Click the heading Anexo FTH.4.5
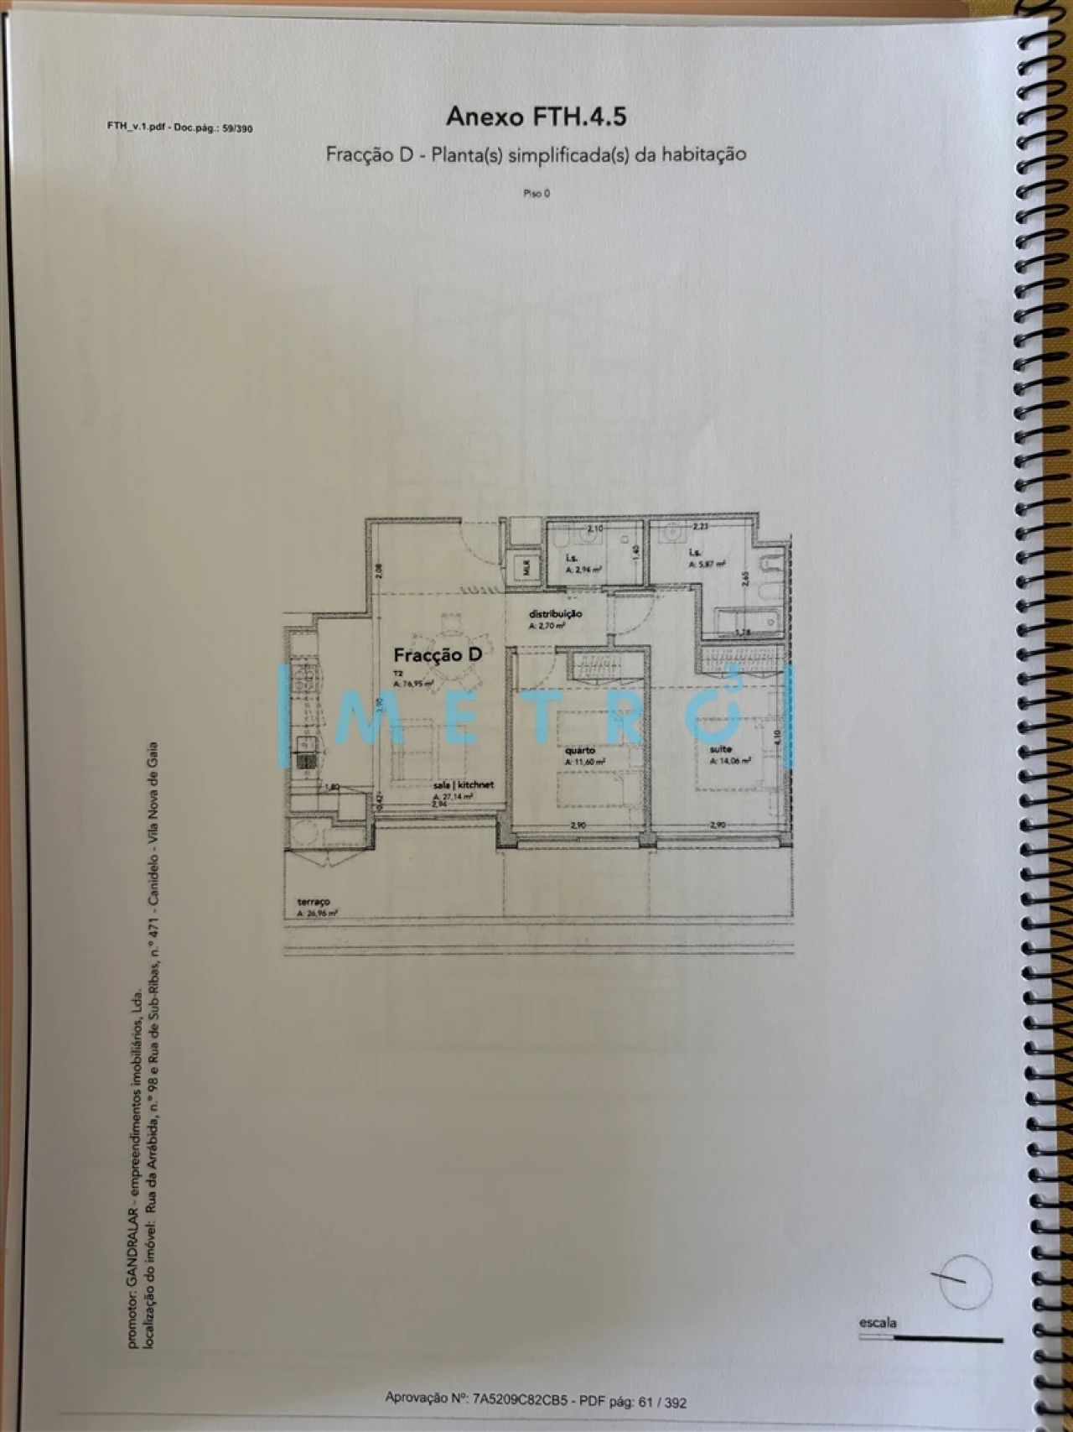(536, 117)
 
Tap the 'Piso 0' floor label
(536, 194)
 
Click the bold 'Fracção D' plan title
(438, 655)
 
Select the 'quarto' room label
(580, 750)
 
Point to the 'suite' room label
(720, 749)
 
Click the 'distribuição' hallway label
(555, 614)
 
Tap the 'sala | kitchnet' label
(463, 785)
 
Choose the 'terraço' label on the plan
(313, 902)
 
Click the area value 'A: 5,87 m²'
(707, 565)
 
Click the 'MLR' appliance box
(526, 566)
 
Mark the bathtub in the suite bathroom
(744, 620)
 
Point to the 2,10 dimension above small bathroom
(595, 529)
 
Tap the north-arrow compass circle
(965, 1281)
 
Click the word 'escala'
(878, 1323)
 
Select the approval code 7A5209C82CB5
(521, 1398)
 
